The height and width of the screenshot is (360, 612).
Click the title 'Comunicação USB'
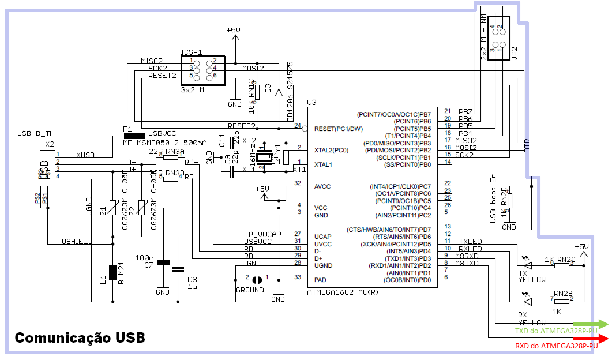tap(80, 337)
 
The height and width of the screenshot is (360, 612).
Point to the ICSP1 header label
tap(192, 51)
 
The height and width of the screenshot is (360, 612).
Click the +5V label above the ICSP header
tap(234, 30)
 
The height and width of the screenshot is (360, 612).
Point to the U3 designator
tap(312, 103)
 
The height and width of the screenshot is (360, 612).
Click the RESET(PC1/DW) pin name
tap(339, 129)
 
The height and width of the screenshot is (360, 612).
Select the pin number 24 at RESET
tap(298, 125)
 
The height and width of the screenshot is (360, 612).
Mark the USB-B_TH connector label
tap(35, 133)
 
